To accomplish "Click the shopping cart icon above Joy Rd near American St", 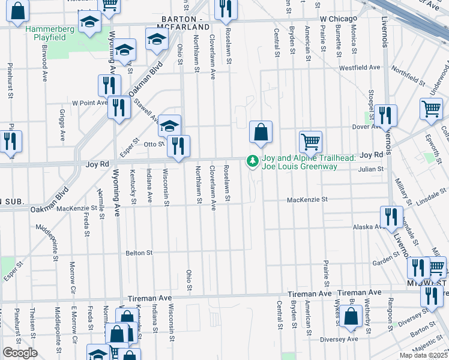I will click(x=310, y=142).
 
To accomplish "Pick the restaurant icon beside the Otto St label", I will click(x=178, y=146).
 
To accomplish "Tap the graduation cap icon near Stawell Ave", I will click(x=170, y=126).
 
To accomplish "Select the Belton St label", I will click(x=140, y=253).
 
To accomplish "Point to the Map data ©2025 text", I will click(x=423, y=355).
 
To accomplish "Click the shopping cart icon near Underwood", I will click(x=431, y=109).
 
